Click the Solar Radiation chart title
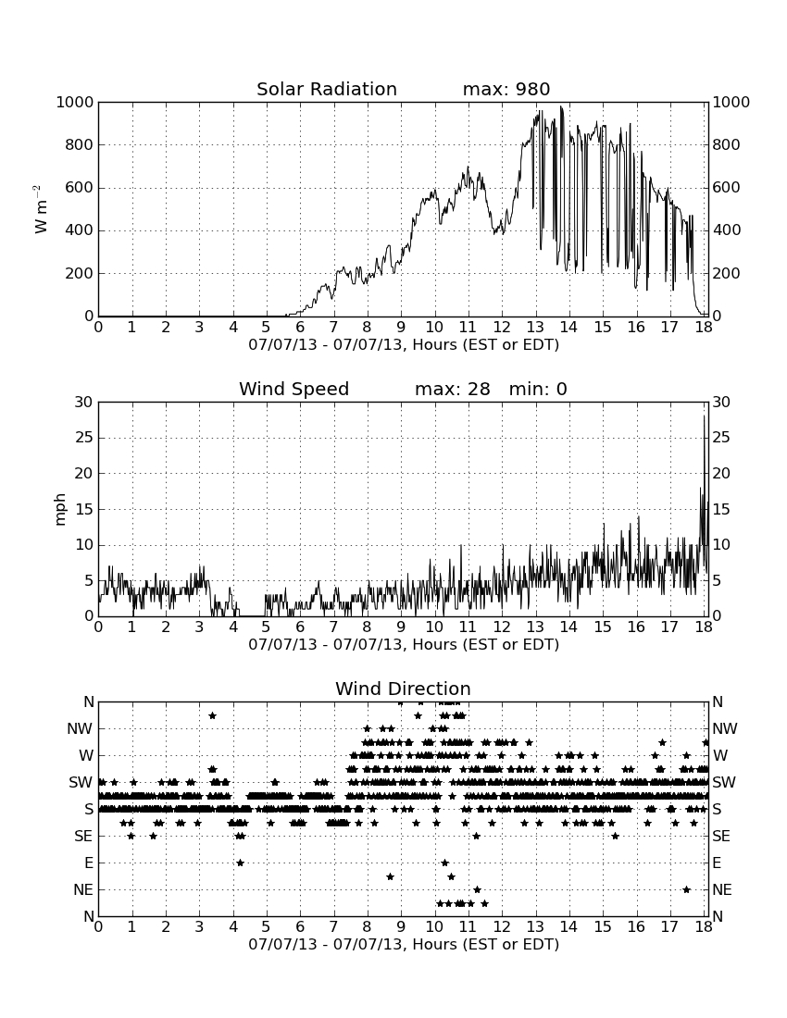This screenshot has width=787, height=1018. [327, 89]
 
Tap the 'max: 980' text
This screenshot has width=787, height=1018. [506, 89]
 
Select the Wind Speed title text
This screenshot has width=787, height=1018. [294, 389]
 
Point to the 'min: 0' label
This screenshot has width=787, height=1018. [538, 389]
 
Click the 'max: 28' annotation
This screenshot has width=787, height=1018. [453, 389]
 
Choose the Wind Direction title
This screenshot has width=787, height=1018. [403, 689]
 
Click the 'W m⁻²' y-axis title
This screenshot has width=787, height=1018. [40, 209]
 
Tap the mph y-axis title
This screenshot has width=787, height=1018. [60, 509]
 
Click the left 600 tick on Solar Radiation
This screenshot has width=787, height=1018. [80, 188]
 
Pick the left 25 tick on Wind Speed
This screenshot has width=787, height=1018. [83, 438]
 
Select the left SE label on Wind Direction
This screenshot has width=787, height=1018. [83, 837]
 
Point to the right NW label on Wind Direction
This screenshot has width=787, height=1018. [725, 728]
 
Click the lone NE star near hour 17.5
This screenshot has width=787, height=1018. [687, 889]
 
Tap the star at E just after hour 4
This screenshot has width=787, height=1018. [240, 863]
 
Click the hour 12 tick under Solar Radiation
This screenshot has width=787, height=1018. [502, 328]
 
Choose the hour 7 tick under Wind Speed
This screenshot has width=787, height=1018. [333, 627]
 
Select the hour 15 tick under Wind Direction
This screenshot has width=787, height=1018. [603, 927]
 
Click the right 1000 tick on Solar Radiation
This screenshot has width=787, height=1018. [731, 102]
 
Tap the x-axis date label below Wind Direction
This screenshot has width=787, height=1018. [404, 944]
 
